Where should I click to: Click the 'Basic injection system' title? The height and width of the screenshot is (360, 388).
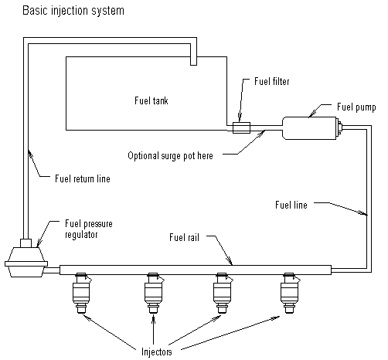[73, 11]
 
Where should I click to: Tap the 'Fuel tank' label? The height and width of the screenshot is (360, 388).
[151, 100]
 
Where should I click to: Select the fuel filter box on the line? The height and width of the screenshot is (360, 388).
[241, 127]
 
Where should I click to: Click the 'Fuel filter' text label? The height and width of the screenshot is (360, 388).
[272, 81]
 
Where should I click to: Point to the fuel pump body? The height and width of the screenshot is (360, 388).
[309, 128]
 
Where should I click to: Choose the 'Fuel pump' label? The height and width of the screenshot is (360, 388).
[356, 107]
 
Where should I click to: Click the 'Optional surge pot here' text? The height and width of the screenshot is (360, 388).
[170, 156]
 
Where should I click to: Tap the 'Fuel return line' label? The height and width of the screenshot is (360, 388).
[83, 178]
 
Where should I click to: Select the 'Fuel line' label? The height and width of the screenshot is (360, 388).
[291, 205]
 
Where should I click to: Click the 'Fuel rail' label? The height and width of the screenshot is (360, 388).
[184, 237]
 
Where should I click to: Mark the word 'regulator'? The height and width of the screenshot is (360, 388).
[81, 235]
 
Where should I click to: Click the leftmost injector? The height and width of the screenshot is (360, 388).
[82, 294]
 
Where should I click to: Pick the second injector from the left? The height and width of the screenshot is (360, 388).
[154, 294]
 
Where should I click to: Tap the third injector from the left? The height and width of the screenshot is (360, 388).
[223, 294]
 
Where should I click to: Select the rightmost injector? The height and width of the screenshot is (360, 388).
[290, 294]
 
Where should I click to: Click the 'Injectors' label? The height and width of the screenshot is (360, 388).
[157, 352]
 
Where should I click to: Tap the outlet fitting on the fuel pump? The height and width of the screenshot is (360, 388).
[339, 127]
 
